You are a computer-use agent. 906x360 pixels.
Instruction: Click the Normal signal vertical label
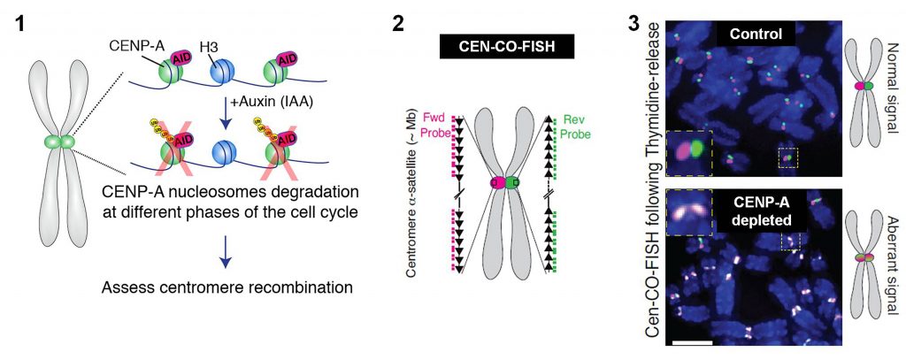(891, 93)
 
